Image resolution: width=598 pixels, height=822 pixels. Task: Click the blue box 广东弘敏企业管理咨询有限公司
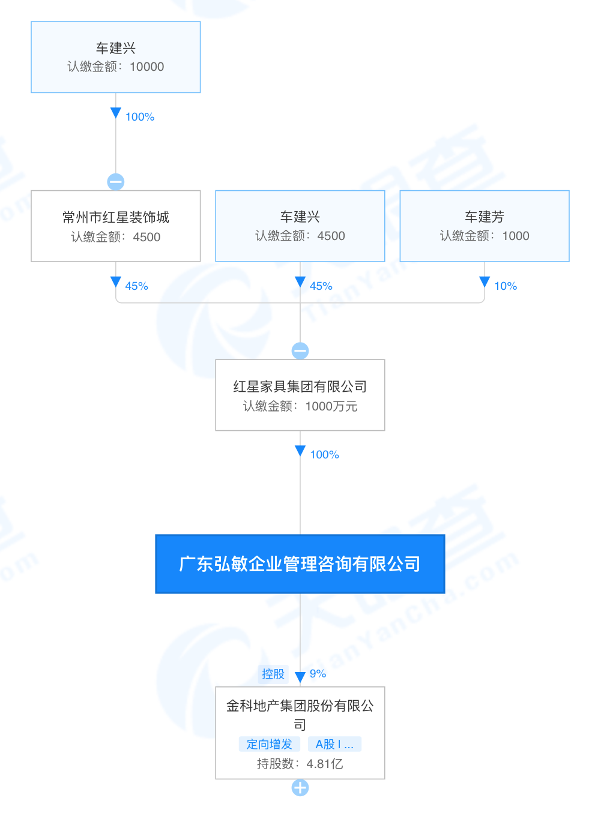coord(300,564)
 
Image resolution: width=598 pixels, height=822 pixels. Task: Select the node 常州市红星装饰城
coord(115,226)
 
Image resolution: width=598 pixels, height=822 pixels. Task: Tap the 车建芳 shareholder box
coord(484,226)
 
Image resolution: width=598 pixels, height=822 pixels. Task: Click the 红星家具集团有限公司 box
coord(300,395)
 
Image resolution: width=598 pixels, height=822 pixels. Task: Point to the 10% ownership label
coord(506,286)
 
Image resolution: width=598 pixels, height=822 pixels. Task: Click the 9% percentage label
coord(318,674)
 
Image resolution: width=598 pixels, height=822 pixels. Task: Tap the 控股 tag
coord(273,674)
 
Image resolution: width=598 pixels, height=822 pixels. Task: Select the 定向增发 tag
coord(269,744)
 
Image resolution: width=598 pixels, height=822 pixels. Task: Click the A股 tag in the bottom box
coord(334,744)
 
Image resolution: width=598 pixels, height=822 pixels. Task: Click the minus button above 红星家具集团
coord(300,350)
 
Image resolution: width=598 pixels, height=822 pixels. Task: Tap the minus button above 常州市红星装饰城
coord(116,181)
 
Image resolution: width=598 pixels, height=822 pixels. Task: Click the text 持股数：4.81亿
coord(300,764)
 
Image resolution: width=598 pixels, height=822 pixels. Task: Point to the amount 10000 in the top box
coord(146,67)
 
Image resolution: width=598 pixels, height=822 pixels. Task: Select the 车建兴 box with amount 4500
coord(300,226)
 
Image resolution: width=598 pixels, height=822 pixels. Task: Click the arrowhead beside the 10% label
coord(485,282)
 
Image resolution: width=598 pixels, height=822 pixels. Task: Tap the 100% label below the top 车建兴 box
coord(140,117)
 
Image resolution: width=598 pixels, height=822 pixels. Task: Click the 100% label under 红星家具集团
coord(324,455)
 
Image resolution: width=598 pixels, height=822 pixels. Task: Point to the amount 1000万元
coord(331,406)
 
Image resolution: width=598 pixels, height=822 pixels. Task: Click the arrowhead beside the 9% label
coord(300,677)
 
